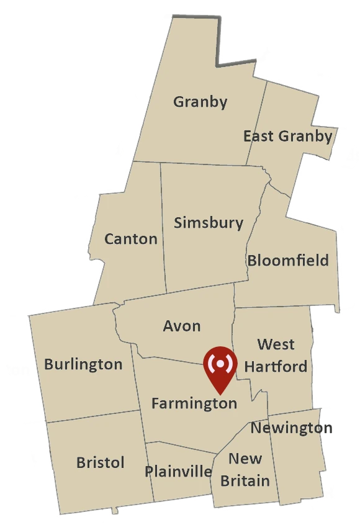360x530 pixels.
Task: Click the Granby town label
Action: point(200,101)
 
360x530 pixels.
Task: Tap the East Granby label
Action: point(287,136)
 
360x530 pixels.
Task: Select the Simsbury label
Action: point(209,222)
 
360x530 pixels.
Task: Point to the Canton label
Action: point(130,239)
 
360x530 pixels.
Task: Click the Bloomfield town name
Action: point(288,260)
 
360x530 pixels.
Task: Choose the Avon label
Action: point(182,326)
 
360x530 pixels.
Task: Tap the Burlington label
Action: point(83,364)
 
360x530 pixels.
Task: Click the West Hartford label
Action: point(276,355)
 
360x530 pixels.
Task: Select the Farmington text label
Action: point(194,403)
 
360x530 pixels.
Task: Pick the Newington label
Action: point(291,428)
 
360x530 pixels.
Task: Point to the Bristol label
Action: point(100,462)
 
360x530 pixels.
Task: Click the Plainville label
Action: point(178,472)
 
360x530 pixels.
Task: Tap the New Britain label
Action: point(245,470)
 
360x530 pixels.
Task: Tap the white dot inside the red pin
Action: point(220,363)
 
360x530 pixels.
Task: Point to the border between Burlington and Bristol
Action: point(93,415)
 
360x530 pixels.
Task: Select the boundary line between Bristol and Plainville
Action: point(150,472)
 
